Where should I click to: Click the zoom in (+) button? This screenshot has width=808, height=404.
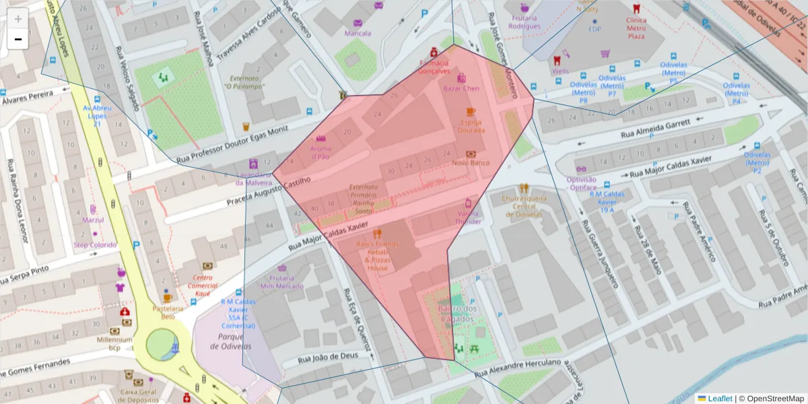(18, 18)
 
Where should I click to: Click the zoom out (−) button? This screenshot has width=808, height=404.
(18, 39)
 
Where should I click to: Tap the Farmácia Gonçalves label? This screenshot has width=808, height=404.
(434, 66)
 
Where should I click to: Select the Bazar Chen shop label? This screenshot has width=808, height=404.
(461, 88)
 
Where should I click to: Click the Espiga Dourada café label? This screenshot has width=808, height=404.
(471, 126)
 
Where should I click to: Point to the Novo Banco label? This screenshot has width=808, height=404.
(471, 162)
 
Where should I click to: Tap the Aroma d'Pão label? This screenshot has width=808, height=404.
(321, 152)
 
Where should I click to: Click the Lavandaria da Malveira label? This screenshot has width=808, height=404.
(254, 178)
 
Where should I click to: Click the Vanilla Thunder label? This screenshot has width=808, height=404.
(469, 217)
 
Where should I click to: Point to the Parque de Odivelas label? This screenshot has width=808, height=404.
(230, 341)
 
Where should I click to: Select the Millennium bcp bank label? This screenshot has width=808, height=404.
(114, 344)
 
